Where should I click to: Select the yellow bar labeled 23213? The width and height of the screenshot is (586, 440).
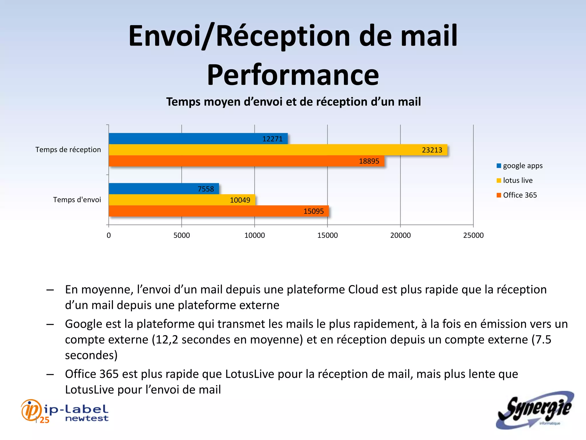click(278, 150)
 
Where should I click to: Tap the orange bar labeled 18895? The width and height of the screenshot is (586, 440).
click(246, 161)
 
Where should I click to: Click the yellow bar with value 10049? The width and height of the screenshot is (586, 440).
click(182, 200)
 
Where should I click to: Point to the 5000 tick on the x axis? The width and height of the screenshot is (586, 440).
click(182, 235)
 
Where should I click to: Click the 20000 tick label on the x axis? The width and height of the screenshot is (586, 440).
click(400, 235)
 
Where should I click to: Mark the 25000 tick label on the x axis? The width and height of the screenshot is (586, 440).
click(473, 235)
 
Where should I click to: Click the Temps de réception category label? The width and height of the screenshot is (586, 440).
click(68, 150)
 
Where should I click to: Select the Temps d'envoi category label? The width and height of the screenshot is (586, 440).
click(77, 200)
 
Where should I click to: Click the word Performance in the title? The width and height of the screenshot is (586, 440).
click(293, 75)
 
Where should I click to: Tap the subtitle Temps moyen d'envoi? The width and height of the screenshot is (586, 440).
click(293, 102)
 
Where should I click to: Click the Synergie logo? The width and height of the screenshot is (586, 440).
click(535, 410)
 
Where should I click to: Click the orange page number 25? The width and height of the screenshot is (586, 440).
click(44, 420)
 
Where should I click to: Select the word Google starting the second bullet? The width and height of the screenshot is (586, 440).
click(83, 324)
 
